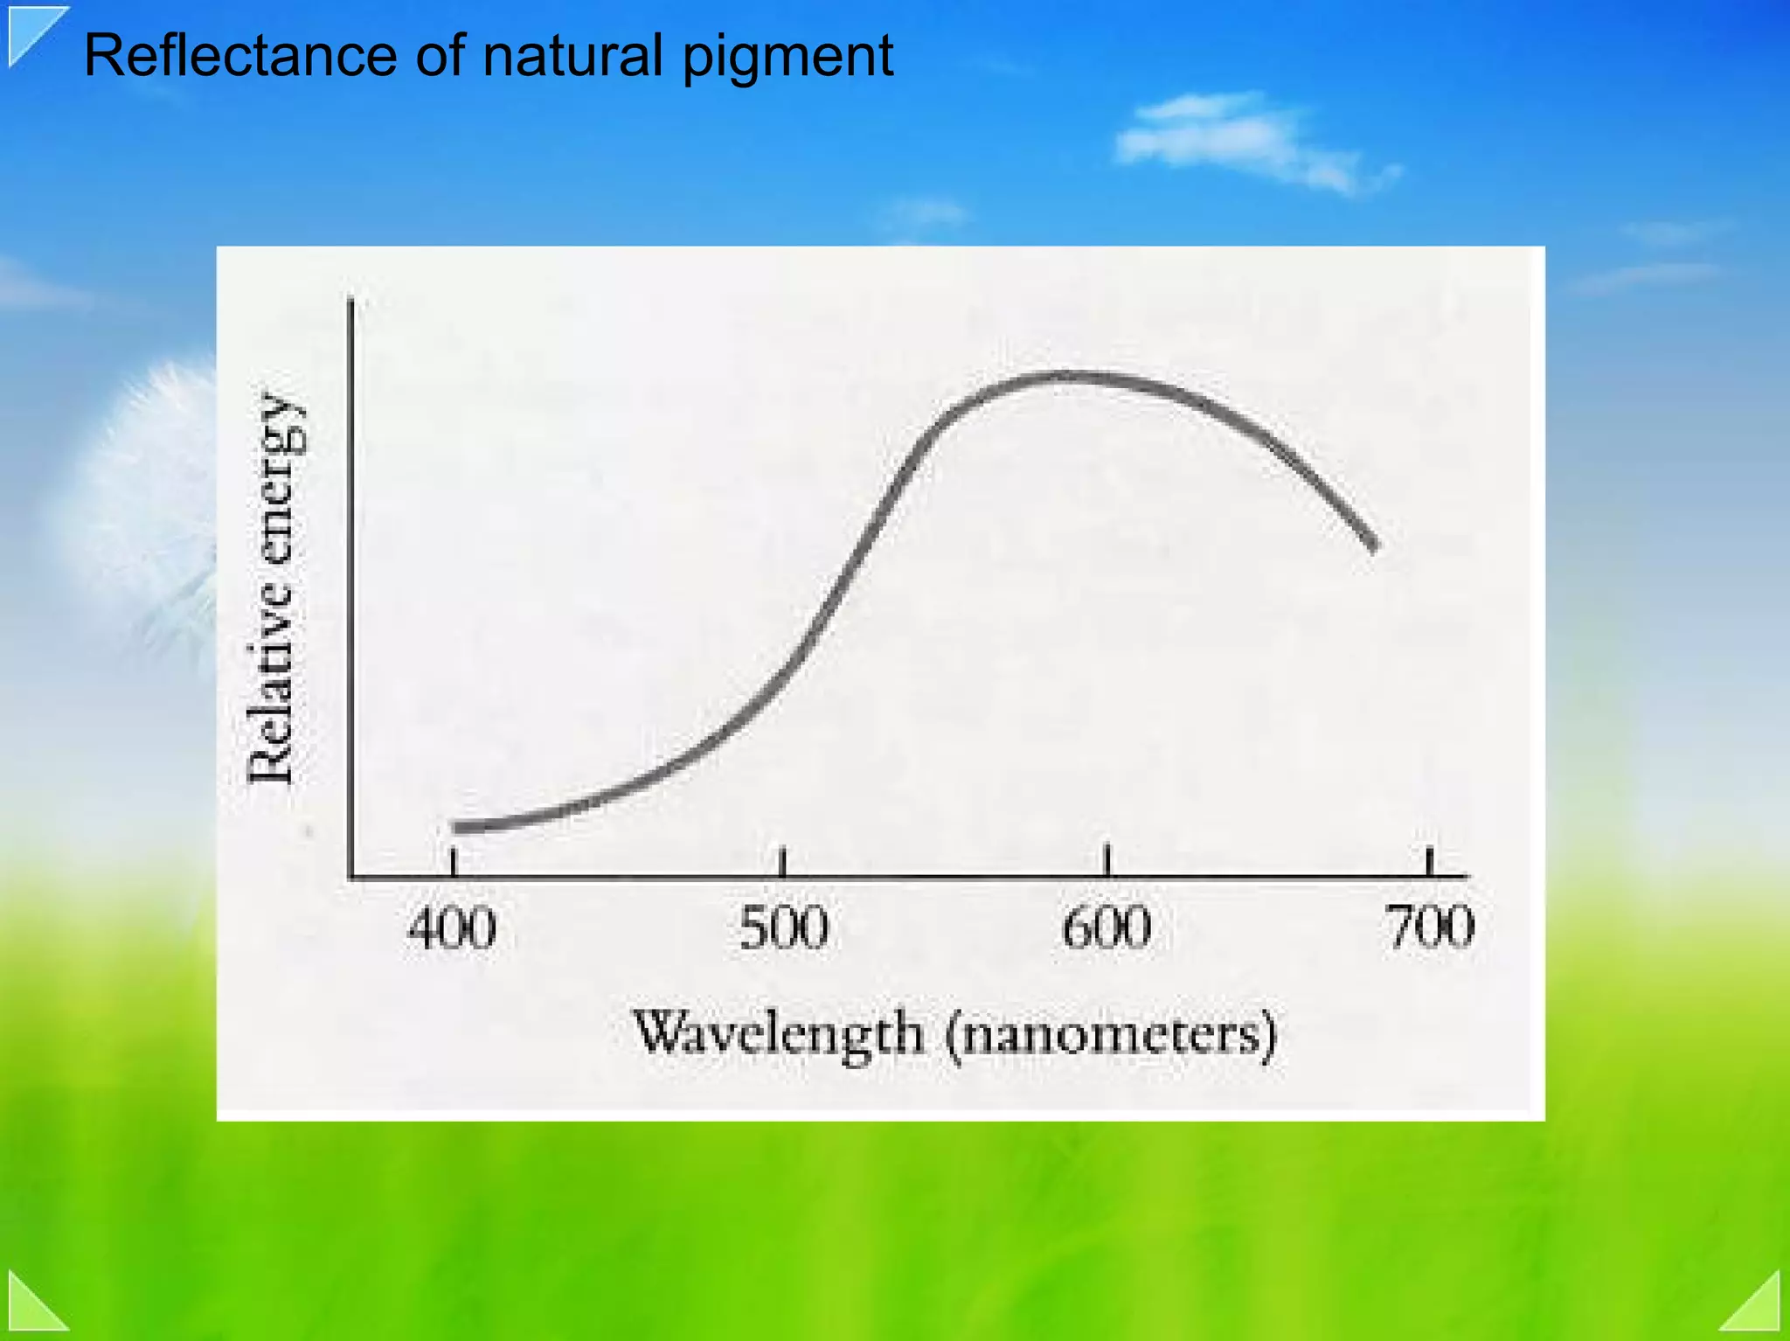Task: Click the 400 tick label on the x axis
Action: click(452, 928)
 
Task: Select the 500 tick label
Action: click(783, 928)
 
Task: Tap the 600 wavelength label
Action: click(1107, 928)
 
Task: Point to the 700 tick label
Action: click(1431, 928)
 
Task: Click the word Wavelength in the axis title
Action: click(778, 1034)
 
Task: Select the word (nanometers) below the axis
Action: click(1112, 1036)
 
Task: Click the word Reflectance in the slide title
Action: click(240, 56)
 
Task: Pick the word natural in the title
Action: click(572, 56)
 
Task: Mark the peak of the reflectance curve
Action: click(1066, 377)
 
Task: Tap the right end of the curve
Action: click(1373, 547)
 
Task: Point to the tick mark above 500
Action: click(783, 861)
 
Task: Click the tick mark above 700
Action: click(1430, 861)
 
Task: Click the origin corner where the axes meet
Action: click(351, 876)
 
